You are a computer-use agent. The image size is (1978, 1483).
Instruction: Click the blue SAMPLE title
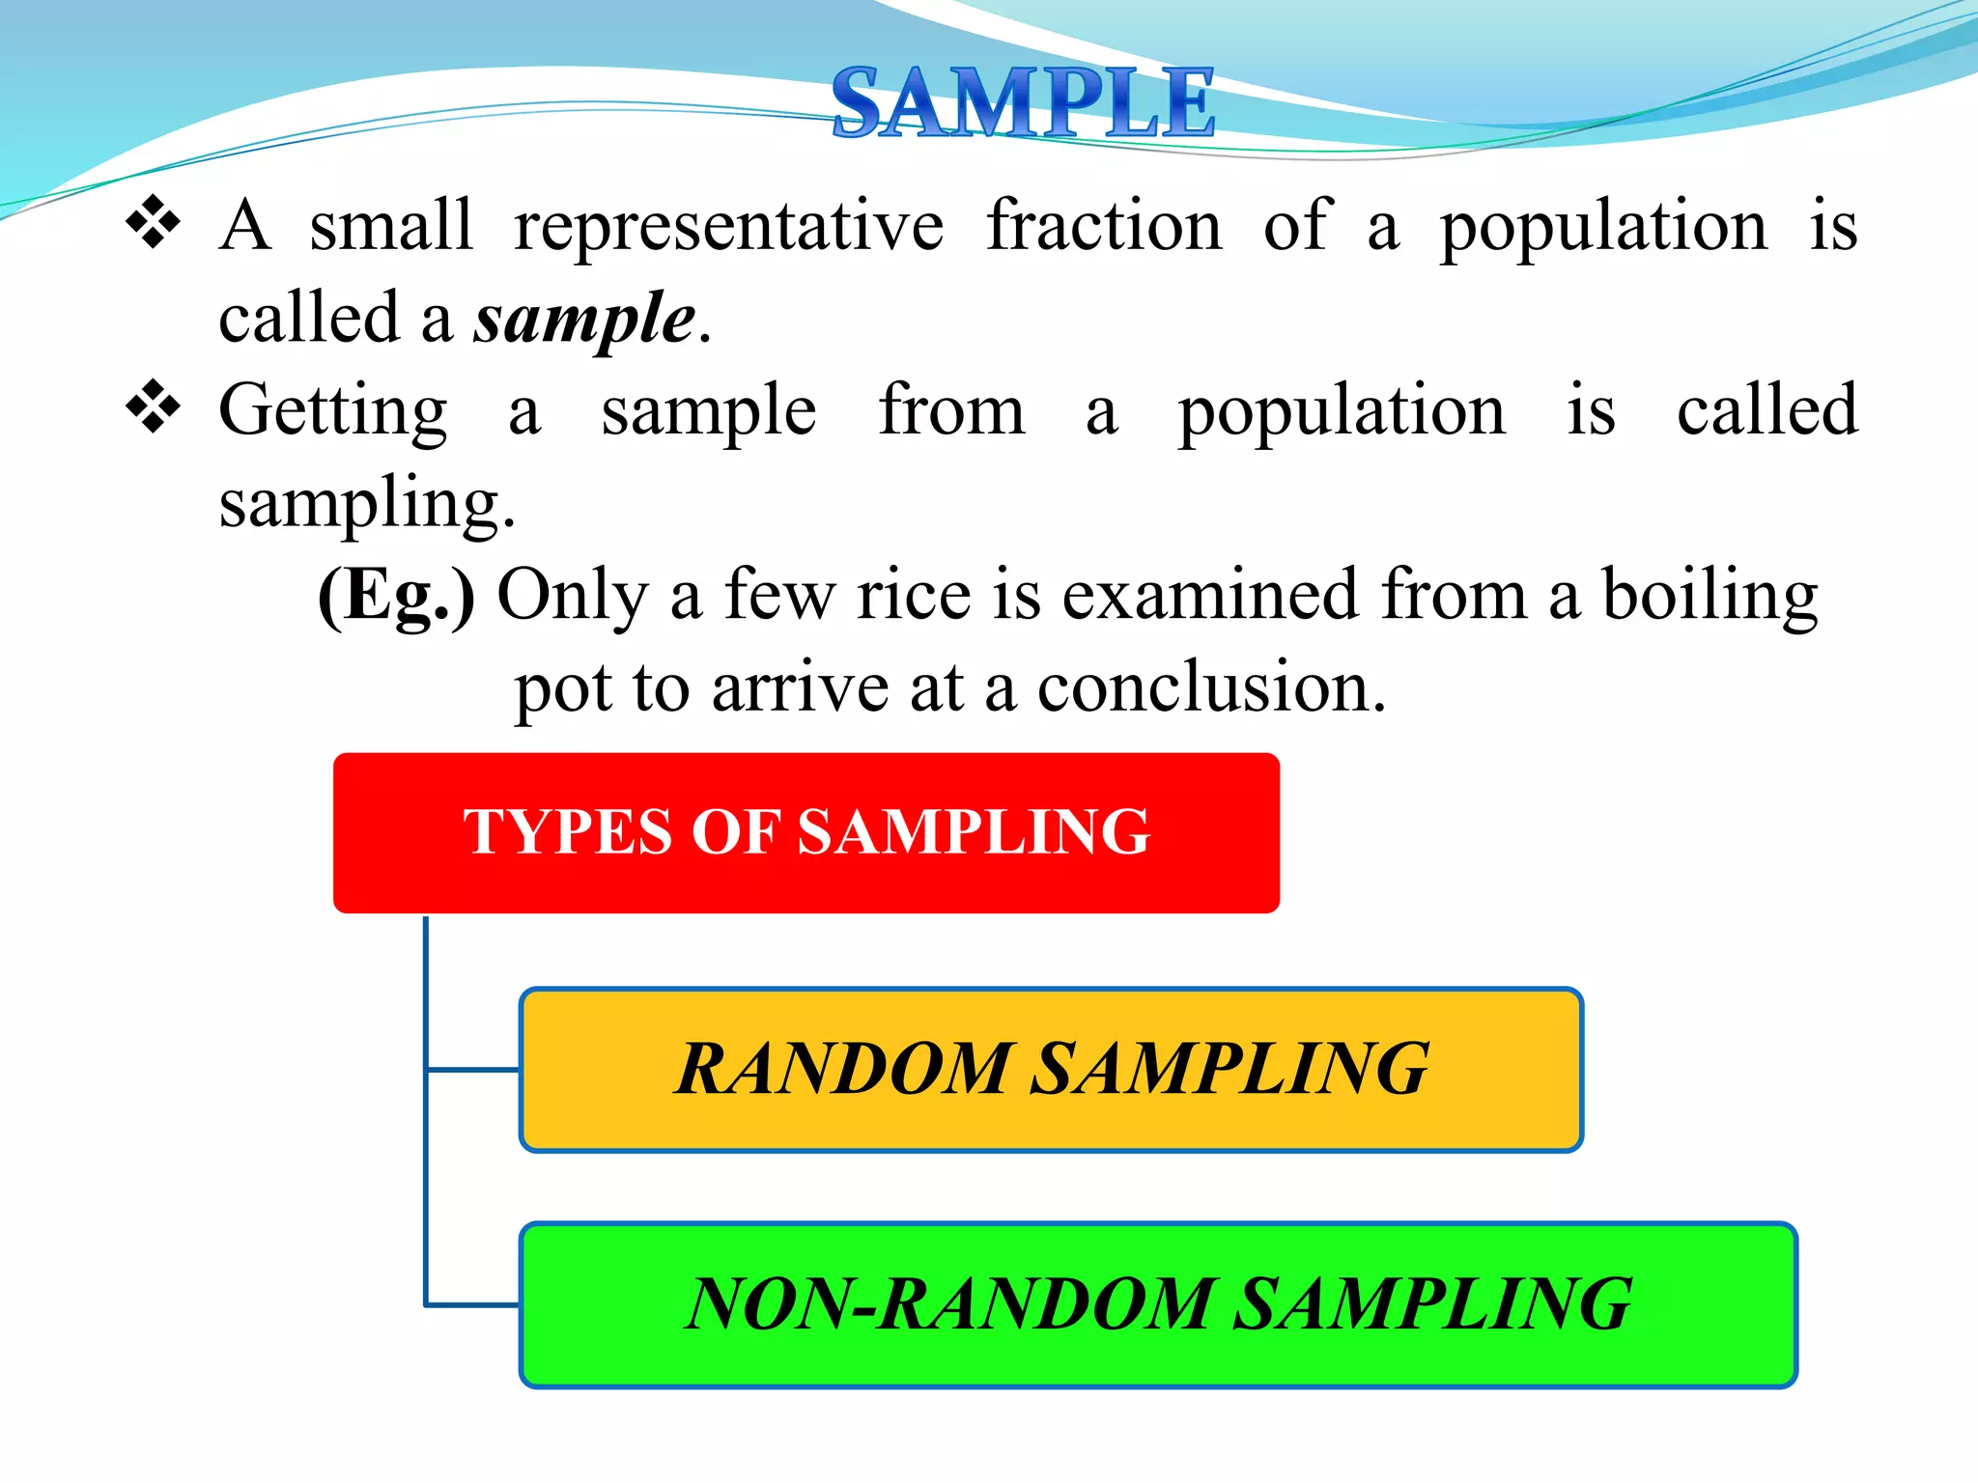click(1022, 102)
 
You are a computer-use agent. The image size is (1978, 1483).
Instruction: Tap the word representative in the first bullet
click(728, 228)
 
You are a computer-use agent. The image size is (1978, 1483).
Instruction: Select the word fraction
click(1104, 226)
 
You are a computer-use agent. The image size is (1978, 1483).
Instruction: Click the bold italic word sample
click(584, 320)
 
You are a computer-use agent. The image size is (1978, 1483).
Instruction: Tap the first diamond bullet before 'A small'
click(153, 224)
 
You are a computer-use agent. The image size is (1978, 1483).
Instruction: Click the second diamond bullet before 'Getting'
click(153, 407)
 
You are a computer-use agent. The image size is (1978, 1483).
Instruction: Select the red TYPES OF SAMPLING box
click(805, 832)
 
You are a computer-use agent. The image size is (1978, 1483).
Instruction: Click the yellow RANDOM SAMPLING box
click(1051, 1070)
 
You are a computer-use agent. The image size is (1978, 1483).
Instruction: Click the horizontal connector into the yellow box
click(473, 1070)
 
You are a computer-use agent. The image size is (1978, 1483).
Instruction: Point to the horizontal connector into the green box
click(473, 1305)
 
